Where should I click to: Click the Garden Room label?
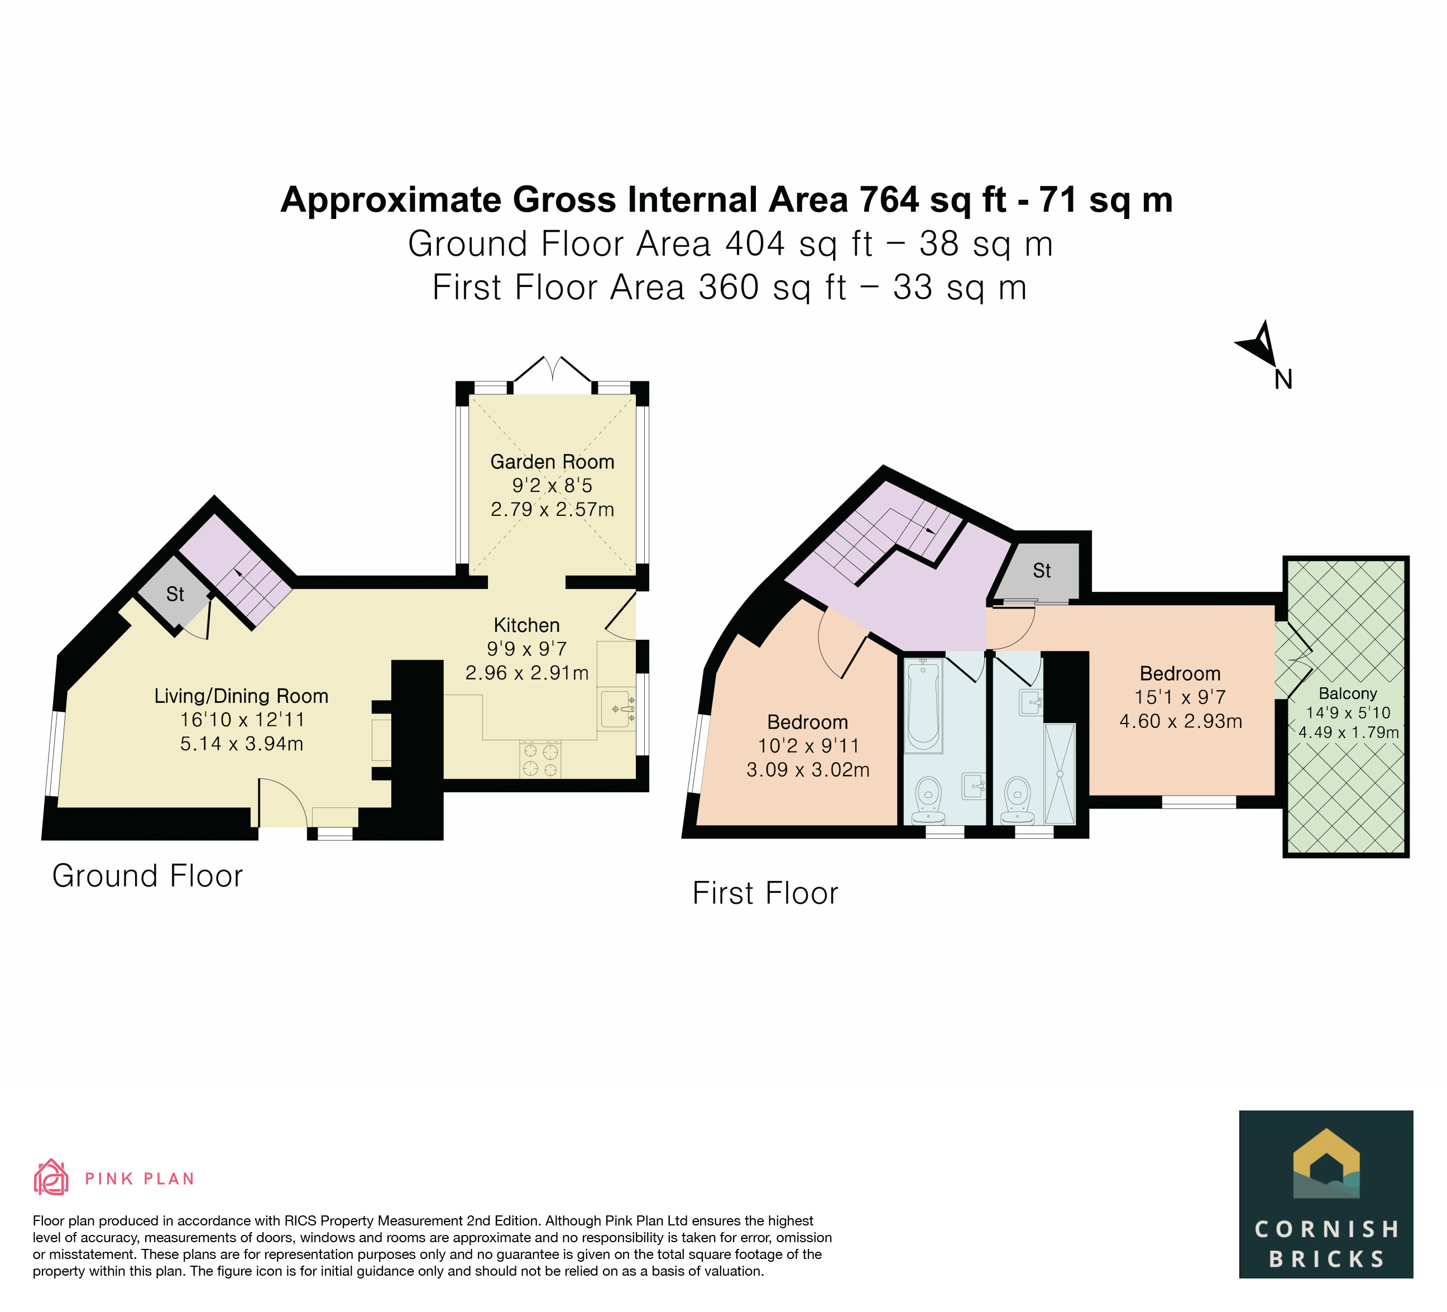552,462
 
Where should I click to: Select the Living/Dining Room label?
241,696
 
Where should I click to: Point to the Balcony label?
1348,693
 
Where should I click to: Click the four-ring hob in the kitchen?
540,760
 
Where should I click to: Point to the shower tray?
1060,774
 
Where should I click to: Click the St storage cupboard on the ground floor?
174,594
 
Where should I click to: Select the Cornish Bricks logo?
1326,1195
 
